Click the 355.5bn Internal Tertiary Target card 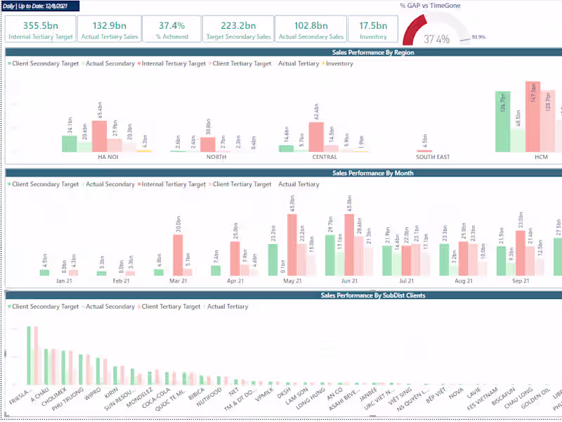point(39,29)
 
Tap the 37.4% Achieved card point(171,29)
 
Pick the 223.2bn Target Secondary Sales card point(237,29)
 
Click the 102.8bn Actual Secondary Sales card point(310,29)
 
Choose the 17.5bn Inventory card point(373,29)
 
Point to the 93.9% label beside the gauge point(478,37)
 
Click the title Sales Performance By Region point(373,52)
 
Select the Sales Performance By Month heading point(372,172)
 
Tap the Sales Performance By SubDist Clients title point(372,295)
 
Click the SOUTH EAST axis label point(433,157)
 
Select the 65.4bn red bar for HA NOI point(100,136)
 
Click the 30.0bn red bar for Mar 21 point(178,255)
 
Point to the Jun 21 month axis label point(349,281)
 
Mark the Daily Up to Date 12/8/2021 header point(40,6)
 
